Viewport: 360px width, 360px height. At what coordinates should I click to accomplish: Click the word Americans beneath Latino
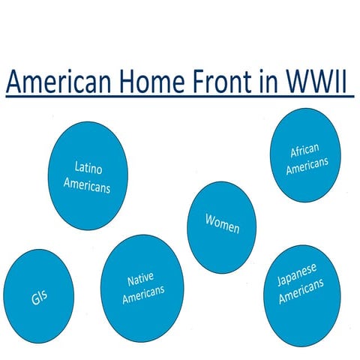pos(87,184)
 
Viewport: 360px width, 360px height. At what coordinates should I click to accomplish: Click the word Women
pos(222,223)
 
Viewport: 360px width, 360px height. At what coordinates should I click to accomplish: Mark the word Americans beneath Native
pos(142,295)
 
